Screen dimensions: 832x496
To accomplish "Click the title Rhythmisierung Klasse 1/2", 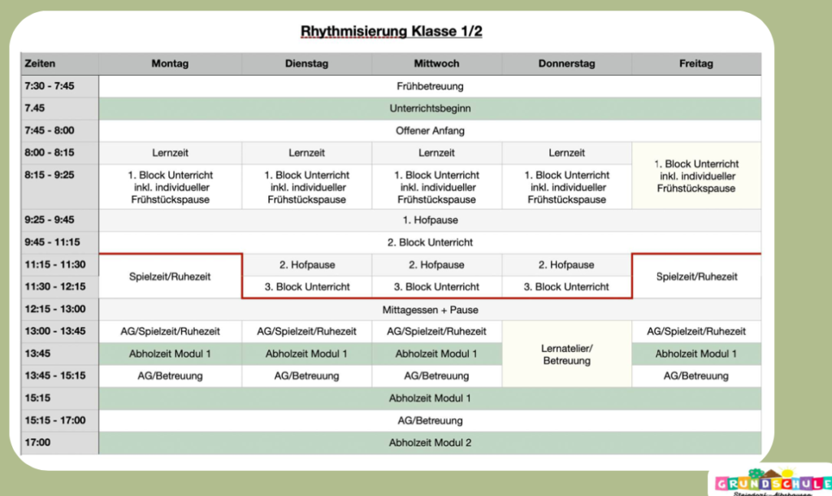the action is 391,32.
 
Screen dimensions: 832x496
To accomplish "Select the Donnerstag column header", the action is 566,63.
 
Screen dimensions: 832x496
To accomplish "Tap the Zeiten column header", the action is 40,63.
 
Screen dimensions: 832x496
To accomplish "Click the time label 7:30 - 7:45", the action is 50,86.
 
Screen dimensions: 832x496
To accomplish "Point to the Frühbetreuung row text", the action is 430,86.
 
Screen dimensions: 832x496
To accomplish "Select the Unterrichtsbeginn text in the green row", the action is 430,108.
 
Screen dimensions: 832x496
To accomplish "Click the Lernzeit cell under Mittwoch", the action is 436,153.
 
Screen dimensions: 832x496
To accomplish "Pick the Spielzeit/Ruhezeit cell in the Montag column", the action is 170,276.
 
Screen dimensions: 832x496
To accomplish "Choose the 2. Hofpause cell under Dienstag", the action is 306,265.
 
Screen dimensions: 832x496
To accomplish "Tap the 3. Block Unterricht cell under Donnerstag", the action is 566,287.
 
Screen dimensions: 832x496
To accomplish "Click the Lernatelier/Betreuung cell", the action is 566,355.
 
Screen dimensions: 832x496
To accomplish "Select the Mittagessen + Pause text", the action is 430,310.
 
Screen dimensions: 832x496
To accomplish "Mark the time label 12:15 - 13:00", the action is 54,309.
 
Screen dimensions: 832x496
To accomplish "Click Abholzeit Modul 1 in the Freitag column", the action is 695,354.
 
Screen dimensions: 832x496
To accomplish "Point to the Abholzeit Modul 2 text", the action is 430,443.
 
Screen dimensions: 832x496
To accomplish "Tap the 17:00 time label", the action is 37,442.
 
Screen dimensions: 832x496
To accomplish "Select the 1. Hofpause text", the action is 430,220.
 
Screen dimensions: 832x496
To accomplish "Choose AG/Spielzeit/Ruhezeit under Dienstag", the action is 306,332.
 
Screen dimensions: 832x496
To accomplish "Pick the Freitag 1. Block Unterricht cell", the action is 696,176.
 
